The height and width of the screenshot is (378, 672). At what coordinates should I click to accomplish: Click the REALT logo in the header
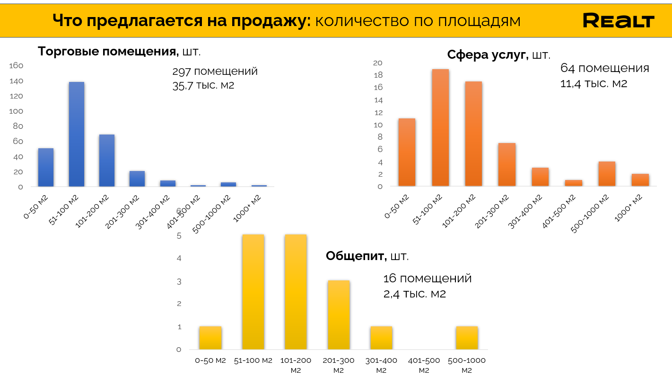[x=619, y=20]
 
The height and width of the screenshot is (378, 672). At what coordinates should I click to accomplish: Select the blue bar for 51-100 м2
[x=77, y=134]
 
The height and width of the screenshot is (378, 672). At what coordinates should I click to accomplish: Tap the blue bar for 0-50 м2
[x=46, y=167]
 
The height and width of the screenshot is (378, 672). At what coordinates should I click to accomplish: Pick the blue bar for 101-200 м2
[x=107, y=161]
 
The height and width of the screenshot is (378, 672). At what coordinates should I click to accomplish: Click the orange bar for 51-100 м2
[x=440, y=128]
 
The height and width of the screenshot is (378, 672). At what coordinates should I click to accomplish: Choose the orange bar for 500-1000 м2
[x=607, y=174]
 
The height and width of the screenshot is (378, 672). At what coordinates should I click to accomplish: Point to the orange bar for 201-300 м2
[x=507, y=165]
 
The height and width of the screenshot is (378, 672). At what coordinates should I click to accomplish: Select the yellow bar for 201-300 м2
[x=339, y=315]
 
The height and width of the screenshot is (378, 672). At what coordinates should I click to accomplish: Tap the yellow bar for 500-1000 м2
[x=467, y=338]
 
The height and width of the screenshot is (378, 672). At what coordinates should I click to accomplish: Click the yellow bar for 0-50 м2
[x=210, y=338]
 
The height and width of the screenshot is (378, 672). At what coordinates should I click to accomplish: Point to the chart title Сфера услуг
[x=487, y=55]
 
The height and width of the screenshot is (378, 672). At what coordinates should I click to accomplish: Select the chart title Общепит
[x=356, y=256]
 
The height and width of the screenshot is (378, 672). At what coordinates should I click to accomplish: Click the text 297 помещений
[x=215, y=72]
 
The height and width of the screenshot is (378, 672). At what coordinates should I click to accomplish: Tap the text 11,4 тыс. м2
[x=593, y=84]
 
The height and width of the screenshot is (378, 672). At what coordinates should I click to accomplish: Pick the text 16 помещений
[x=428, y=278]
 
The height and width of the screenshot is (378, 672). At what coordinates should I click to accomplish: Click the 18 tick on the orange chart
[x=378, y=75]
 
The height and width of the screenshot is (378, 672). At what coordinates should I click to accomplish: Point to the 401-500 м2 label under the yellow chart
[x=424, y=365]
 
